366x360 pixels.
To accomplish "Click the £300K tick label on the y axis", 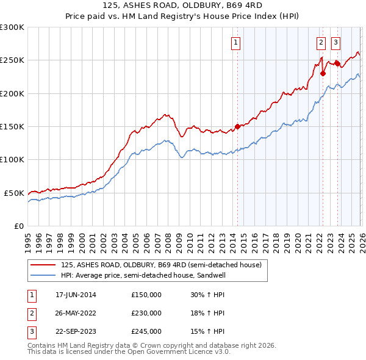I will tap(12, 27).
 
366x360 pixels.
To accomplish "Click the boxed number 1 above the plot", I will tap(236, 42).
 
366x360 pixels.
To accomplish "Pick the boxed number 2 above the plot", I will tap(321, 42).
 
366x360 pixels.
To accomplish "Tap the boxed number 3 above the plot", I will tap(335, 42).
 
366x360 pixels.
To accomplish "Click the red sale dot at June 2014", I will tap(237, 127).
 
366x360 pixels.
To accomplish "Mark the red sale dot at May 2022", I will tap(323, 74).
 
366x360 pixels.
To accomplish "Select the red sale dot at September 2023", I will tap(337, 63).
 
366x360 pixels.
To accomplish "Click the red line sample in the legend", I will tap(44, 265).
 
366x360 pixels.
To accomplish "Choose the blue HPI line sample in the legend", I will tap(44, 275).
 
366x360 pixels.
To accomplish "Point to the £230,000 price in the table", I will tap(146, 313).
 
